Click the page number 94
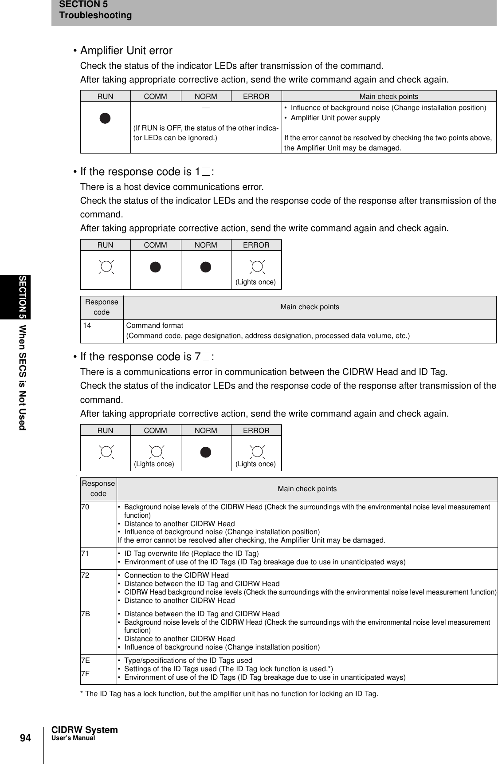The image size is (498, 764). pyautogui.click(x=25, y=738)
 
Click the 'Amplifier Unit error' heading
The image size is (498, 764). pyautogui.click(x=126, y=51)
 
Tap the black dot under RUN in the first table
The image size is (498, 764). pyautogui.click(x=105, y=118)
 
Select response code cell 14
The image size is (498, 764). pyautogui.click(x=87, y=326)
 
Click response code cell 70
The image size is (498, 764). pyautogui.click(x=85, y=507)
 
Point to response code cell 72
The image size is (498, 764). pyautogui.click(x=85, y=575)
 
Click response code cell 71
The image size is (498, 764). pyautogui.click(x=85, y=554)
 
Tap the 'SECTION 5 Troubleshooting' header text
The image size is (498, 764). pyautogui.click(x=95, y=10)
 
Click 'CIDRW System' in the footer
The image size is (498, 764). pyautogui.click(x=85, y=730)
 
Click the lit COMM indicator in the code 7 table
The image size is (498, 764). pyautogui.click(x=156, y=452)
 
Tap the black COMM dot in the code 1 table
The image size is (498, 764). pyautogui.click(x=155, y=267)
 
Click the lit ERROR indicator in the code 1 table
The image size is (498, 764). pyautogui.click(x=256, y=267)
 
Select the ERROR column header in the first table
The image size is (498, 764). pyautogui.click(x=256, y=96)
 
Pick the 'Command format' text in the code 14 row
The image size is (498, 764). pyautogui.click(x=154, y=326)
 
